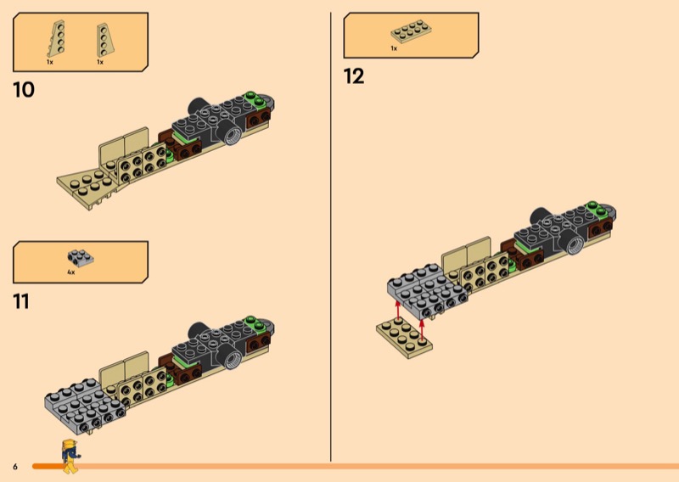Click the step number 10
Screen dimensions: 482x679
[x=24, y=89]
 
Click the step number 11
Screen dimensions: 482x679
[x=21, y=300]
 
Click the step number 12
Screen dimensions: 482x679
[x=354, y=76]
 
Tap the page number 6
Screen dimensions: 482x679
[x=14, y=466]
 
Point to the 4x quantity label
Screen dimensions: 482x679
[x=71, y=272]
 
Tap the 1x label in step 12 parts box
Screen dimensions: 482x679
[x=394, y=49]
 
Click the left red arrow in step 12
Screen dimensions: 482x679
[x=397, y=309]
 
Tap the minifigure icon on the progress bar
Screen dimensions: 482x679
[x=71, y=457]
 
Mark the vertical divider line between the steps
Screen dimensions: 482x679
[x=330, y=238]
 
